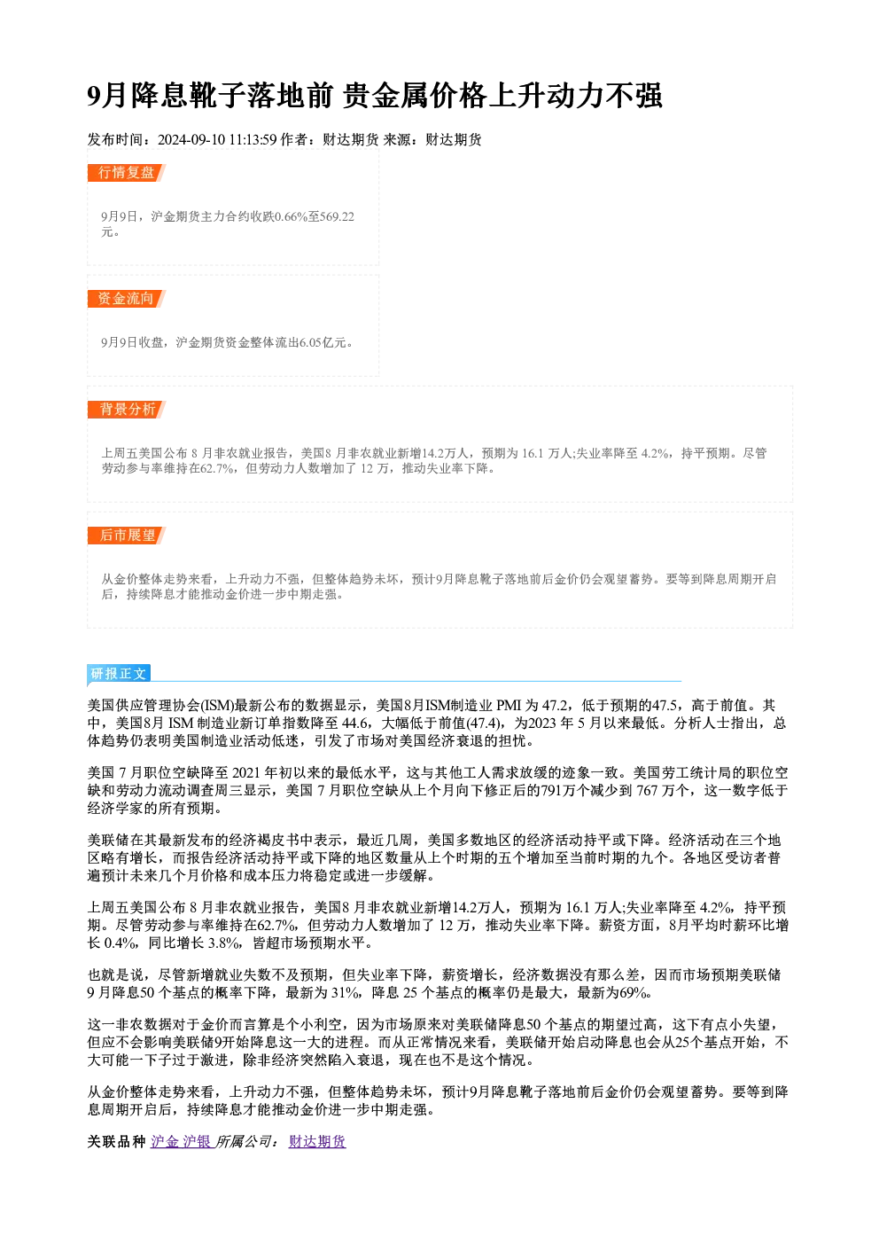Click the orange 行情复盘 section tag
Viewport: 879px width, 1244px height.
point(126,173)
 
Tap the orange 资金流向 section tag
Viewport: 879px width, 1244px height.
point(126,299)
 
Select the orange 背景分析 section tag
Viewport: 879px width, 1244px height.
point(126,410)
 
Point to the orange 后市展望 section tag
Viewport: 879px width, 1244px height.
point(126,536)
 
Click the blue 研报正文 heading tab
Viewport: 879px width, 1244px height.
point(119,674)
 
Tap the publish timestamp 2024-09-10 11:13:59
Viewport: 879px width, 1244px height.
point(217,139)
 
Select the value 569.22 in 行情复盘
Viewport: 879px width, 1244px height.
point(337,216)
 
